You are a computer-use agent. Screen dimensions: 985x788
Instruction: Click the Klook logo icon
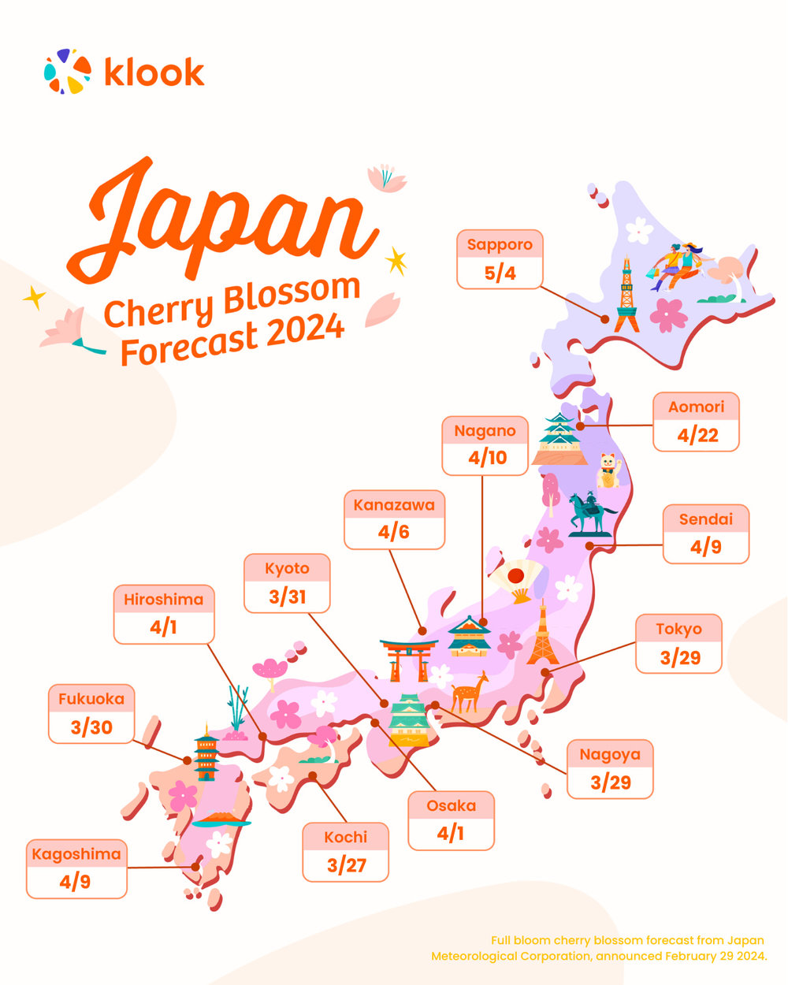(x=68, y=71)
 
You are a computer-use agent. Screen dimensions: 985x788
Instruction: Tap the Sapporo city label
(x=500, y=244)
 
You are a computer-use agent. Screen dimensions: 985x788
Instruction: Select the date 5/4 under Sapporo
(x=500, y=273)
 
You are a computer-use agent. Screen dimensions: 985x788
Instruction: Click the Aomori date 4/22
(x=697, y=435)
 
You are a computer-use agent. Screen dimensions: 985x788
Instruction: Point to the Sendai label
(x=706, y=519)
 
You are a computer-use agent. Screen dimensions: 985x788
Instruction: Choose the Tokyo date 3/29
(x=679, y=657)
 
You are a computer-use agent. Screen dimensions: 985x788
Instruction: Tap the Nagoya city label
(x=610, y=754)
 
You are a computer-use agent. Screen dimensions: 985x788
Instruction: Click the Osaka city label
(x=452, y=805)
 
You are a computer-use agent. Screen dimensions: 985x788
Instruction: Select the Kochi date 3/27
(x=346, y=865)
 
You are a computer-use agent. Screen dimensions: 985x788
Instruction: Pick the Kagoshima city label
(x=76, y=854)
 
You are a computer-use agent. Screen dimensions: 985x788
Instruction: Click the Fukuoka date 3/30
(x=91, y=727)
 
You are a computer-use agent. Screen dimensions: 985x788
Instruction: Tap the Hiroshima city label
(x=164, y=600)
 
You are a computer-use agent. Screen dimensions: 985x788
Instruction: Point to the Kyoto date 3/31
(x=287, y=597)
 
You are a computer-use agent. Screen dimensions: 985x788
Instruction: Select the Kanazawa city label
(x=394, y=504)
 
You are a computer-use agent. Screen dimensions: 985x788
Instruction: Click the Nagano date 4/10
(x=485, y=458)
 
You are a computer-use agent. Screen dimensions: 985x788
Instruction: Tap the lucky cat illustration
(x=608, y=470)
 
